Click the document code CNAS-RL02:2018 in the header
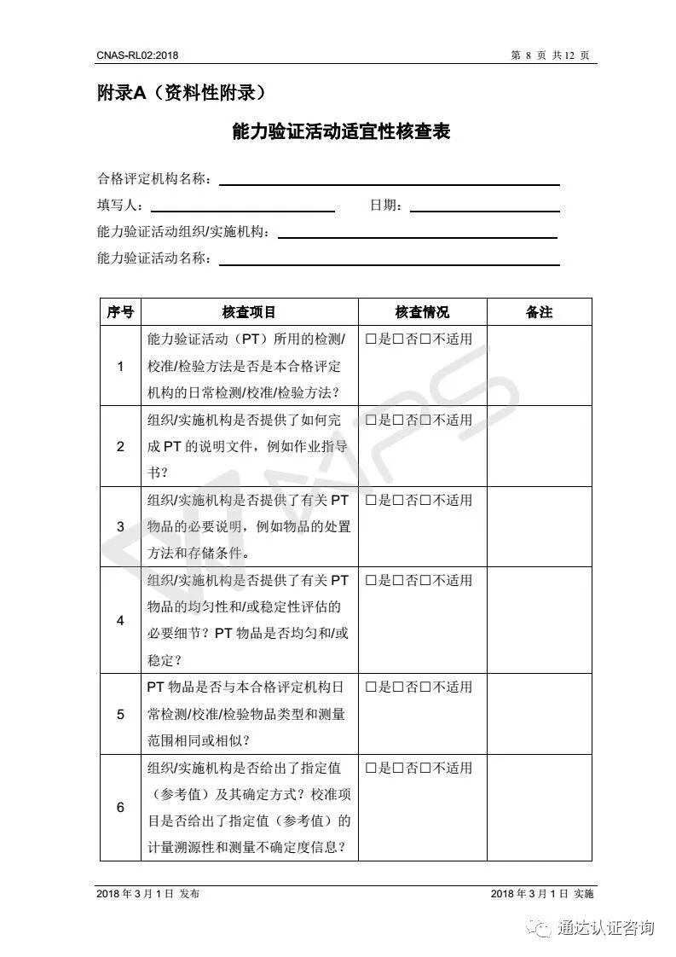click(137, 55)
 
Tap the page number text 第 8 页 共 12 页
click(550, 55)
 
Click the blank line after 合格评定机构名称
click(389, 180)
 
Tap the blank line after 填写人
click(242, 206)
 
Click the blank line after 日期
click(484, 206)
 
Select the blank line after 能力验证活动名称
click(389, 260)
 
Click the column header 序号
click(120, 312)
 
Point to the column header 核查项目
click(249, 312)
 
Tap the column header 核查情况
click(422, 312)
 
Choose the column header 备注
click(539, 312)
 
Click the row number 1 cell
click(120, 366)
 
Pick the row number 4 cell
click(120, 620)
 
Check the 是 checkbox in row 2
click(372, 420)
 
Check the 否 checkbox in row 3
click(399, 501)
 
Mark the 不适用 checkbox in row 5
click(426, 687)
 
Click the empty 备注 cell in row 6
click(539, 807)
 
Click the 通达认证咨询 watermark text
click(604, 927)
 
